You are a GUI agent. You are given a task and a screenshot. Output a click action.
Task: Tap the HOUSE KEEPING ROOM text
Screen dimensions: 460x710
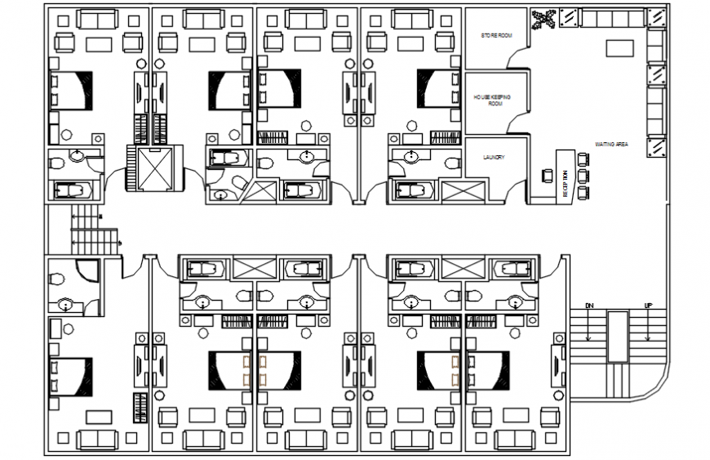492,99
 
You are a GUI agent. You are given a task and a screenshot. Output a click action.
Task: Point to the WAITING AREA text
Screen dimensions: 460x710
610,144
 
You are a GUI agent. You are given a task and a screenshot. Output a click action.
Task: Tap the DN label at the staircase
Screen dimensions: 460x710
588,306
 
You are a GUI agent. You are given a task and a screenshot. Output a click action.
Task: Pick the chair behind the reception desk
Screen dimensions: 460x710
547,175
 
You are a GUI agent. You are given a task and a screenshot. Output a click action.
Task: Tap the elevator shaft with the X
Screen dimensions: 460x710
151,168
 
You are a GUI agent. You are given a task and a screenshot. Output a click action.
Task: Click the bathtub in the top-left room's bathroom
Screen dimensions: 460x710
73,190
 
